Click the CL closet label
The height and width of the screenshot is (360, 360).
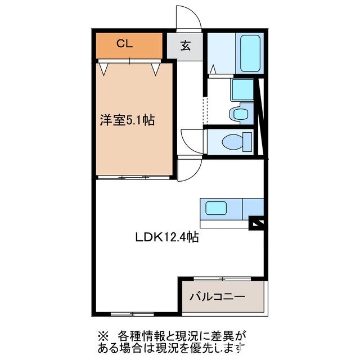(124, 44)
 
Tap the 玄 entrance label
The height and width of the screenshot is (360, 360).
(186, 46)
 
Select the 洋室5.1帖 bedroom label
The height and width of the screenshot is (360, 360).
(128, 120)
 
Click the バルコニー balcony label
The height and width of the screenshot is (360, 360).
(217, 296)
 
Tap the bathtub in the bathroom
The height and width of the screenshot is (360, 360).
(249, 54)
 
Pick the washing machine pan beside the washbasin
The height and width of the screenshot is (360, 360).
(242, 89)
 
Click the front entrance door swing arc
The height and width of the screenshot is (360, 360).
(189, 18)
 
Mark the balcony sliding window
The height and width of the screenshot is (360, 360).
(222, 278)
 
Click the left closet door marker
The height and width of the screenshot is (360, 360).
(103, 69)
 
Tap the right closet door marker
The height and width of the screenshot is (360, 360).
(156, 69)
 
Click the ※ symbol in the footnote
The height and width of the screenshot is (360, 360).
(102, 336)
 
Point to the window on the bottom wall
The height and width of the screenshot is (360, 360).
(132, 314)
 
